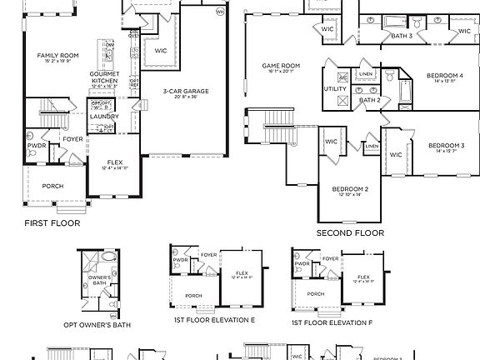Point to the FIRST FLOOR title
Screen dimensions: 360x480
pos(52,223)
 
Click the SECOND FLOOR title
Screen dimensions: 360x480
pos(350,233)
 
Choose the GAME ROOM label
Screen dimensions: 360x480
pos(281,66)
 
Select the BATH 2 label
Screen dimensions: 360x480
pos(369,100)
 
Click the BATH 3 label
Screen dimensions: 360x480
pos(402,36)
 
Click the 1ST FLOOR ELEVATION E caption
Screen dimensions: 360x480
pos(214,320)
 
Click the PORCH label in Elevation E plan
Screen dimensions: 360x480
pos(193,295)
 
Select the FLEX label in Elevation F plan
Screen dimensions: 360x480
pos(363,277)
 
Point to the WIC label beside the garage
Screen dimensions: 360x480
pos(160,50)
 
